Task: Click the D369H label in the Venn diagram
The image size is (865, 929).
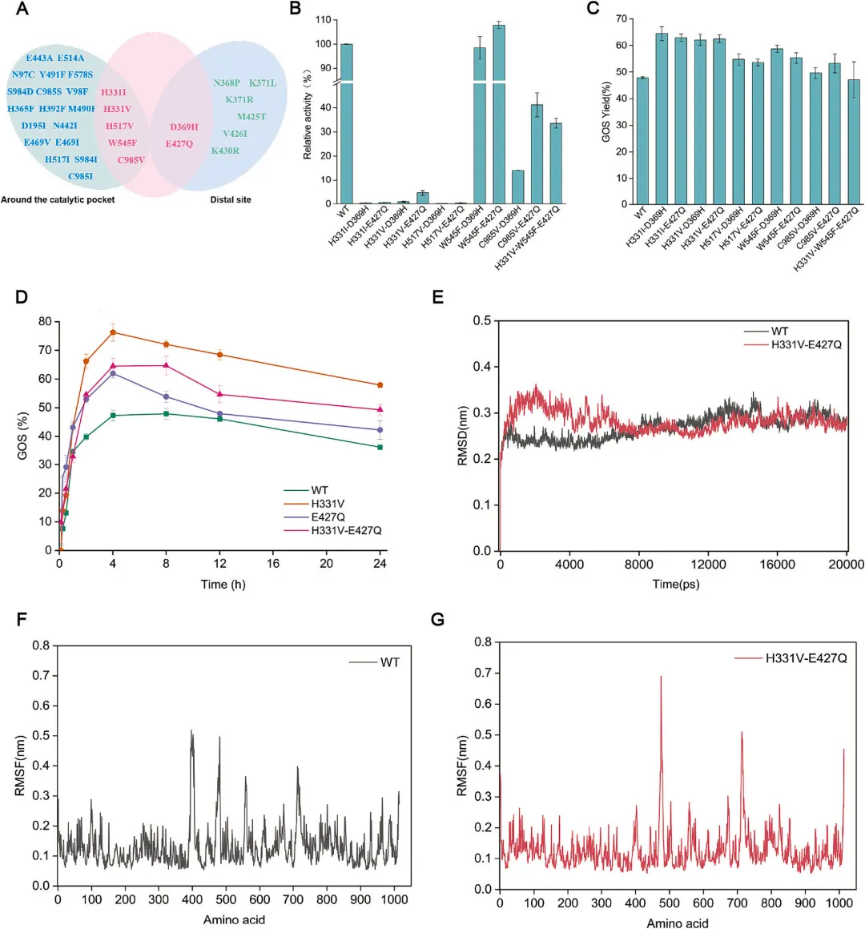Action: pos(183,127)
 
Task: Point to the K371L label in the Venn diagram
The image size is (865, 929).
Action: pos(263,83)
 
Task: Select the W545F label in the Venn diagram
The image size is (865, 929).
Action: pos(123,143)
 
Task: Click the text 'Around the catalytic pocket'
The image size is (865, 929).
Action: pos(58,199)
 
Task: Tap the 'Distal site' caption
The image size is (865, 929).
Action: pos(231,199)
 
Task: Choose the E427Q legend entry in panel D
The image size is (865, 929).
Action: pos(328,517)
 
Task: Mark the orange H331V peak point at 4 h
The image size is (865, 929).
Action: pos(113,332)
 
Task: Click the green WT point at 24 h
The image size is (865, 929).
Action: pos(380,447)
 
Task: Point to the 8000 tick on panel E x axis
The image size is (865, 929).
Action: pos(638,564)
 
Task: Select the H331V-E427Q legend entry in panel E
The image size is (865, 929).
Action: pos(806,344)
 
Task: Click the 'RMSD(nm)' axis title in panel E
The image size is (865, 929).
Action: pos(463,436)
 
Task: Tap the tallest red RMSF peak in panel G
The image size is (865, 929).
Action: pos(661,677)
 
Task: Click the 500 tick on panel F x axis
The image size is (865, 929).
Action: pos(226,899)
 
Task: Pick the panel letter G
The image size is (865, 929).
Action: pos(437,619)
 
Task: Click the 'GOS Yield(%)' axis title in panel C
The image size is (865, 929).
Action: pos(606,112)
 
